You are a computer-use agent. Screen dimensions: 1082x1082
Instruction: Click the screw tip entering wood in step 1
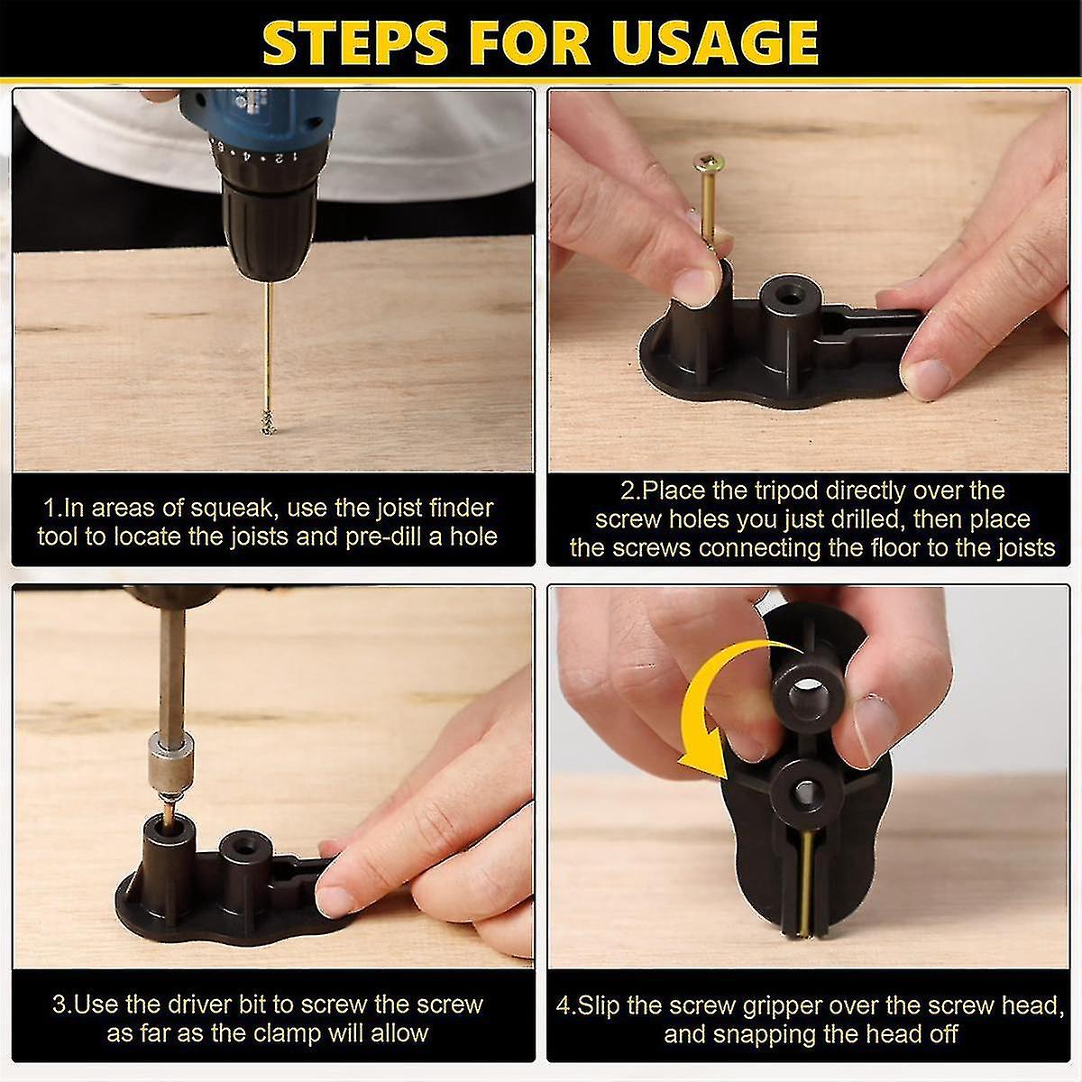268,422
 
